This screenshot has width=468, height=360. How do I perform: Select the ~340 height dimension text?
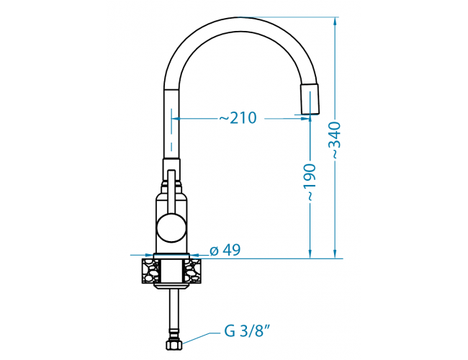tap(336, 140)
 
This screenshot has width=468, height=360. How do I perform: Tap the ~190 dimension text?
tap(310, 182)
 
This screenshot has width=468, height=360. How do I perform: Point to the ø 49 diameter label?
tap(225, 251)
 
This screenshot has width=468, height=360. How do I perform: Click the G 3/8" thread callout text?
tap(247, 332)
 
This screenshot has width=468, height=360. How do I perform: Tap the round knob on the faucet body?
tap(171, 228)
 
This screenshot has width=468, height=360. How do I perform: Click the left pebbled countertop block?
tap(150, 271)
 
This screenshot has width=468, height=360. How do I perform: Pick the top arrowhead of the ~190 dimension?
tap(310, 120)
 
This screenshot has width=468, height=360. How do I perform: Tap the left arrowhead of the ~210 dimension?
tap(176, 118)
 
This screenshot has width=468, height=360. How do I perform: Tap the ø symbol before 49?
tap(213, 251)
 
